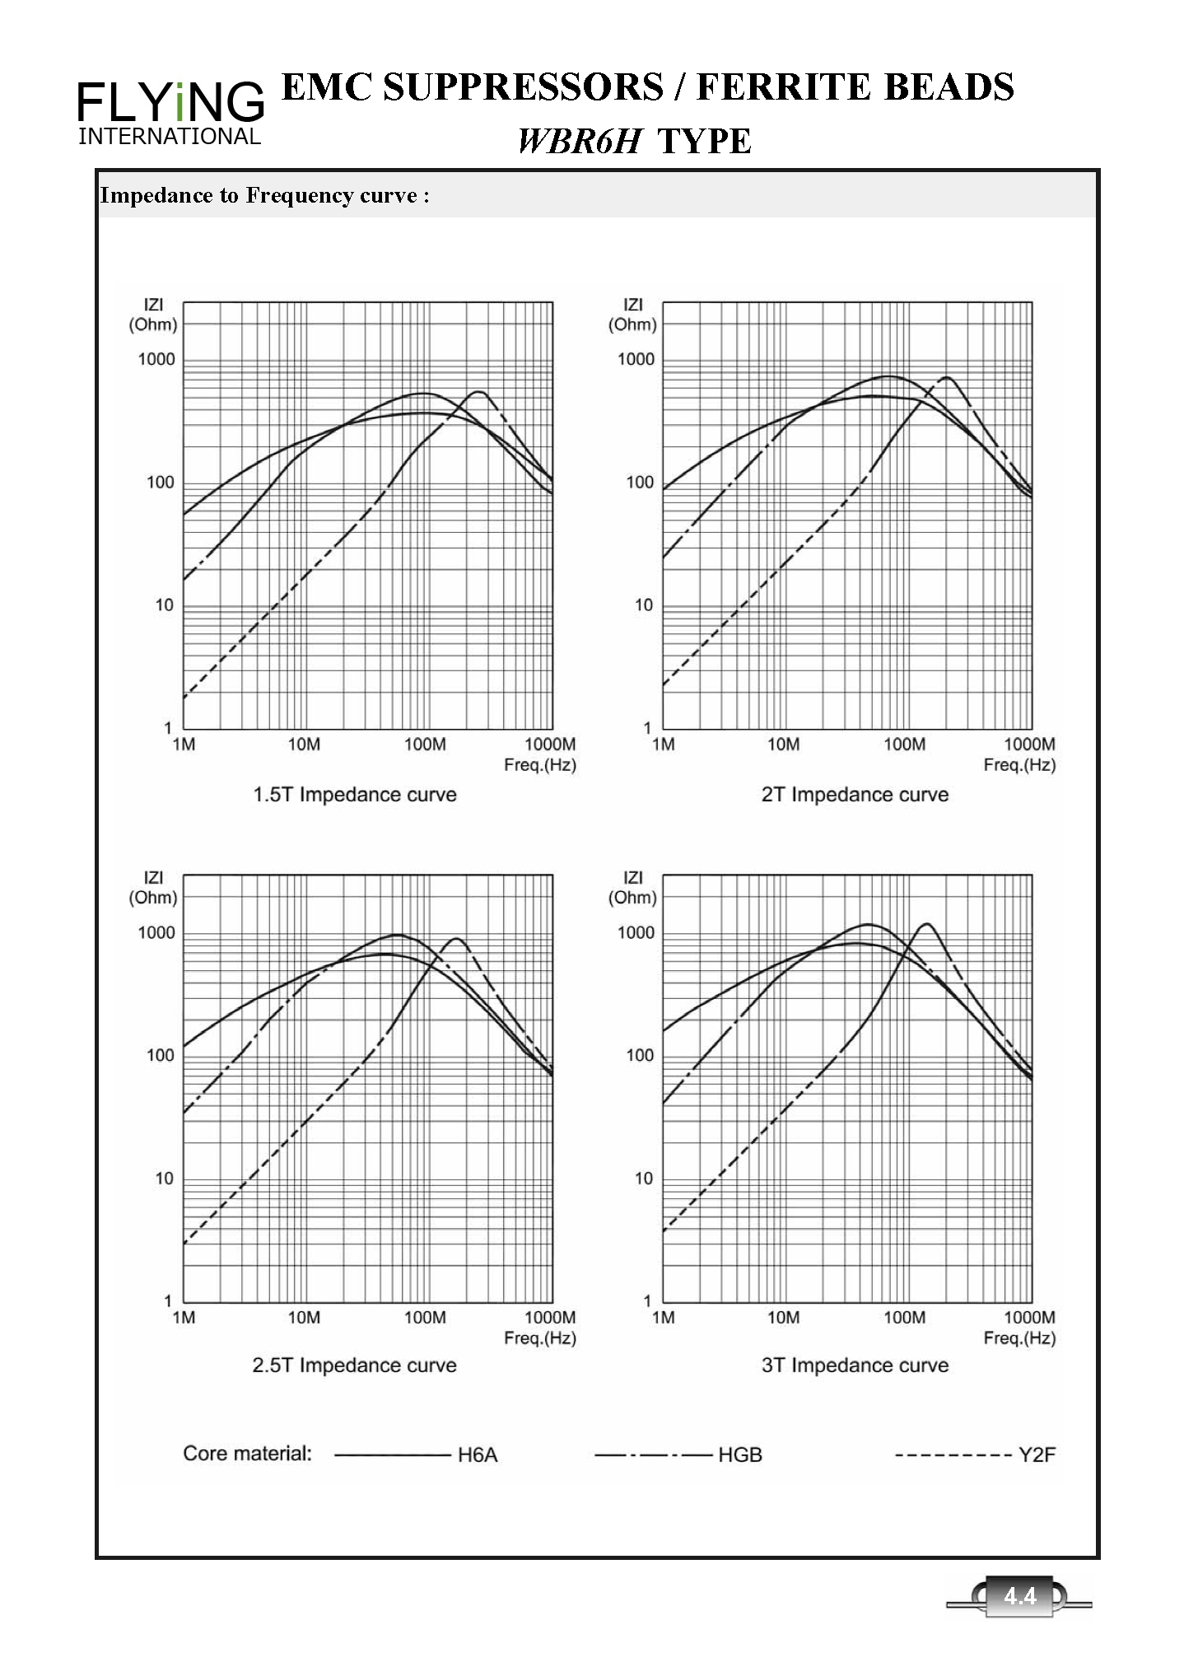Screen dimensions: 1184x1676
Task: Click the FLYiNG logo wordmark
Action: (170, 103)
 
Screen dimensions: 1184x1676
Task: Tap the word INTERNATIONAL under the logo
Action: (170, 137)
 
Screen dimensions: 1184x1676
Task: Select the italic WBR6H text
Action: (579, 142)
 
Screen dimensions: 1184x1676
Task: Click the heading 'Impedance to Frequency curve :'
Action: (264, 195)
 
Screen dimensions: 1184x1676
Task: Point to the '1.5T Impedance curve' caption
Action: (355, 795)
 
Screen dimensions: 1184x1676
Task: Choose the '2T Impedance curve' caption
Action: (855, 795)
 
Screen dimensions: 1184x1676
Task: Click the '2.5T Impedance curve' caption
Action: (355, 1366)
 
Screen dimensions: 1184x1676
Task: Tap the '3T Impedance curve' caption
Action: (855, 1366)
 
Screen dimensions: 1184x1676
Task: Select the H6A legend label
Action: (478, 1455)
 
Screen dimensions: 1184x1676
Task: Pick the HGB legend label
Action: (740, 1455)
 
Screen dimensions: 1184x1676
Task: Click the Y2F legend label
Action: (1037, 1455)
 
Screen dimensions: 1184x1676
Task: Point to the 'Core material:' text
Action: (247, 1454)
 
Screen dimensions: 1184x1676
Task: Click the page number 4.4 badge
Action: (1020, 1597)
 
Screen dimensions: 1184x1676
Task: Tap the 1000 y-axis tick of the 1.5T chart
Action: (156, 359)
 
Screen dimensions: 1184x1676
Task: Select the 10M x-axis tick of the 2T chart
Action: (783, 745)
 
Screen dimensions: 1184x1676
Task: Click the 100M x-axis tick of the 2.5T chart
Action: (425, 1318)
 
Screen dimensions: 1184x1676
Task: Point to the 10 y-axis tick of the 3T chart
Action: (643, 1179)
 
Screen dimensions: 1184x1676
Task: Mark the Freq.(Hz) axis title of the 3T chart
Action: (1019, 1338)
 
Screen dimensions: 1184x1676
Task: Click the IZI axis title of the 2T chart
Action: (632, 305)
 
